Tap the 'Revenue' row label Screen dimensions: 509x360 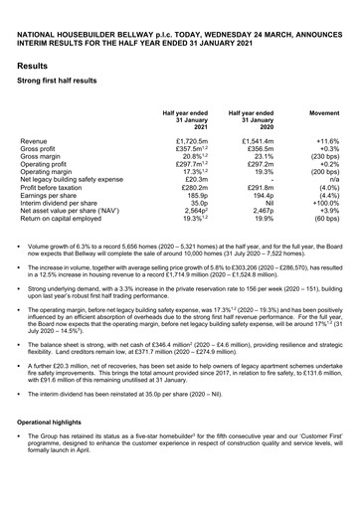click(39, 144)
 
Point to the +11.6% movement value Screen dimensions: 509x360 click(320, 144)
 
